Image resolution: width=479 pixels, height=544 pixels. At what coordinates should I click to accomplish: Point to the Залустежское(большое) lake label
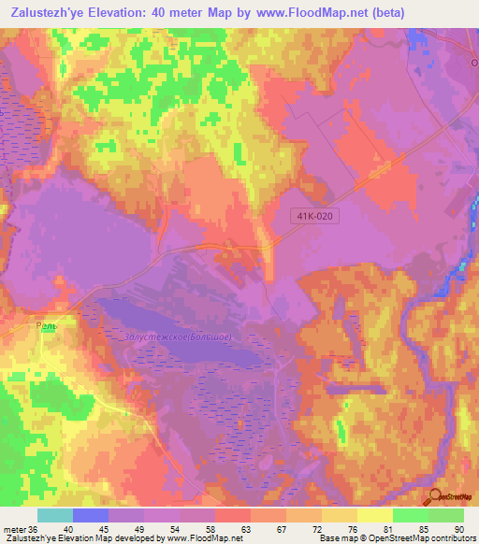179,336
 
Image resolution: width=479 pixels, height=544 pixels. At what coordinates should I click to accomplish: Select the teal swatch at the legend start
54,515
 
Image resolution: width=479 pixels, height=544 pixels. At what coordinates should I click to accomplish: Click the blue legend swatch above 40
90,515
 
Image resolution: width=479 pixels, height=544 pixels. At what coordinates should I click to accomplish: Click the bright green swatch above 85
411,515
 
